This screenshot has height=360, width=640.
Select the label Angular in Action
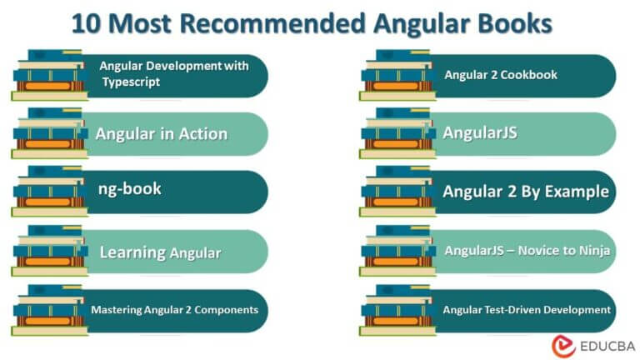point(161,133)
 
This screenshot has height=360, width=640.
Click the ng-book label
point(129,189)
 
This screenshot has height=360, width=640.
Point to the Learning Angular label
point(160,252)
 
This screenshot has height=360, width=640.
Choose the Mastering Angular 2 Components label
point(174,310)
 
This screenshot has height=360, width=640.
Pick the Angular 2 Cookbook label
point(500,75)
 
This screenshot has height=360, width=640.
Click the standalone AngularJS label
point(480,132)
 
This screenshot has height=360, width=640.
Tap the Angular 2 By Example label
point(525,192)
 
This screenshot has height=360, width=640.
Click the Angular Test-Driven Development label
point(527,310)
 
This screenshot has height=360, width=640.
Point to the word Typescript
point(131,82)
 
